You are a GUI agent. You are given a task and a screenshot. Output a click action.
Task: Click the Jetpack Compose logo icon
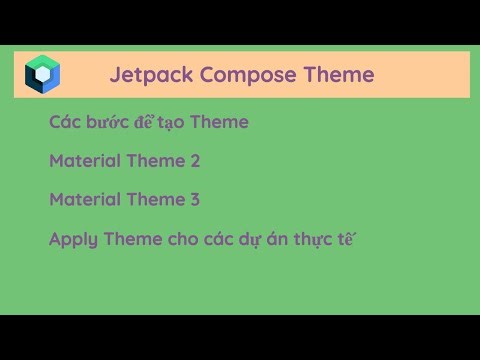(x=42, y=74)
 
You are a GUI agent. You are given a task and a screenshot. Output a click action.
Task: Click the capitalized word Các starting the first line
(x=64, y=122)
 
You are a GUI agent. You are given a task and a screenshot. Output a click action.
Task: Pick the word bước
(x=111, y=122)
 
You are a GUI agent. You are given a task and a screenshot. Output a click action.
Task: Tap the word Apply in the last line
(x=72, y=240)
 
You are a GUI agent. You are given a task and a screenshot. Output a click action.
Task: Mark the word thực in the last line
(x=314, y=239)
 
